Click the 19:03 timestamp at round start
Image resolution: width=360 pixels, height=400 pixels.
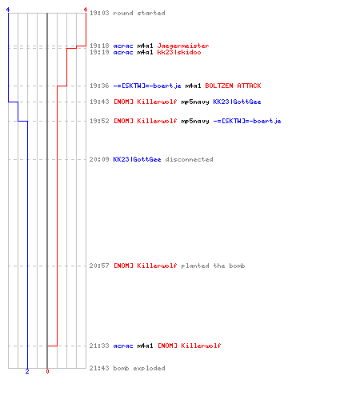(99, 13)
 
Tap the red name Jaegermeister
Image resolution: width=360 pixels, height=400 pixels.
(183, 46)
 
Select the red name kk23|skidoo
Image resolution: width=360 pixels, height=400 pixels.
(179, 52)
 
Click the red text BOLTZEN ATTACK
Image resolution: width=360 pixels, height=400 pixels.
(233, 86)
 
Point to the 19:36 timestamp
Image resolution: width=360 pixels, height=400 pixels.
(99, 86)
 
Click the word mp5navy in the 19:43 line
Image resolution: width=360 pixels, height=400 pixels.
(195, 102)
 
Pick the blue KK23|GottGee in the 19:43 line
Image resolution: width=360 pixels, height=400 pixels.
(237, 102)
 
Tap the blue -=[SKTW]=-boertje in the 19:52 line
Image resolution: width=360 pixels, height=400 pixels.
(247, 121)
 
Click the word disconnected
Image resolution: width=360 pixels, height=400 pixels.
(189, 159)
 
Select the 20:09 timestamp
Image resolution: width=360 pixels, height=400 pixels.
(99, 159)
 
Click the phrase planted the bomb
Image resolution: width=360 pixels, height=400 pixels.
(213, 266)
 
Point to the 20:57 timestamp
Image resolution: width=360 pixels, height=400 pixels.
(99, 266)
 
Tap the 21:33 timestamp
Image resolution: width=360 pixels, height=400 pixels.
(99, 346)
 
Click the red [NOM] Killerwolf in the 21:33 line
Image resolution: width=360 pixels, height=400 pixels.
(189, 346)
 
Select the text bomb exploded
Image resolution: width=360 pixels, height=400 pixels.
(139, 368)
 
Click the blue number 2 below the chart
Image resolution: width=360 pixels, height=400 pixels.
(27, 371)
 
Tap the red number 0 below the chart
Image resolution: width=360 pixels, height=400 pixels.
(47, 371)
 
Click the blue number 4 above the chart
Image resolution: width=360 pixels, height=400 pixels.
(8, 10)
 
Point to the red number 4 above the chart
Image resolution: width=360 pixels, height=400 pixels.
(86, 10)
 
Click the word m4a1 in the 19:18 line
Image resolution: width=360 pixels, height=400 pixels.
(145, 46)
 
